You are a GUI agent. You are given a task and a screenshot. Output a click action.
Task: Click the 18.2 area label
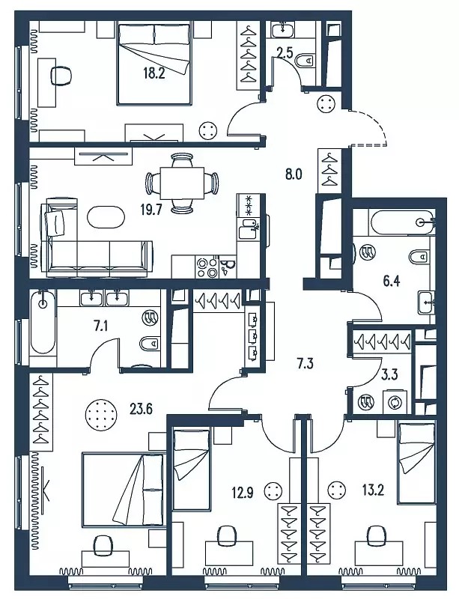[154, 73]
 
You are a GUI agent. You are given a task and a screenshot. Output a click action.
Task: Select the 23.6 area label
[142, 409]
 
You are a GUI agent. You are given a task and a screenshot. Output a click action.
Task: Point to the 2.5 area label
[285, 52]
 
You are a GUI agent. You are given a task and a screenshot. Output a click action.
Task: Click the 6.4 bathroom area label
[392, 282]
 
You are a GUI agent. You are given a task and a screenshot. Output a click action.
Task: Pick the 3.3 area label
[390, 374]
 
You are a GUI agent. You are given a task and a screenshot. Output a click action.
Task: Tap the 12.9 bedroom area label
[242, 490]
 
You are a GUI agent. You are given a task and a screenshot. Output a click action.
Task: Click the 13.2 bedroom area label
[373, 490]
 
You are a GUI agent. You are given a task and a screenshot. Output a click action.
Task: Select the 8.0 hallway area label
[294, 174]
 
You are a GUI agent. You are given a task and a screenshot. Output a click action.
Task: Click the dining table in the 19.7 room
[182, 183]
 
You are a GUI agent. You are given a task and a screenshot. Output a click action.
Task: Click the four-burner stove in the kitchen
[207, 267]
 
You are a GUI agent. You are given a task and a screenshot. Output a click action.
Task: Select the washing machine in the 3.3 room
[395, 403]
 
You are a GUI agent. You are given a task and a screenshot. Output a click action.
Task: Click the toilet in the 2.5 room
[306, 60]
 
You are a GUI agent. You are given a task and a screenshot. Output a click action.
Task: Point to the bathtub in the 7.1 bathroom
[43, 323]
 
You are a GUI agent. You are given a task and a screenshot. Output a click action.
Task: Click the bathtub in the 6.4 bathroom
[402, 222]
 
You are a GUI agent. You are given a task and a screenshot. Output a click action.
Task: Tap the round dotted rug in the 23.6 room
[101, 415]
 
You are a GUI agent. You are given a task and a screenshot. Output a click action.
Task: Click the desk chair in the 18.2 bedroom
[61, 76]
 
